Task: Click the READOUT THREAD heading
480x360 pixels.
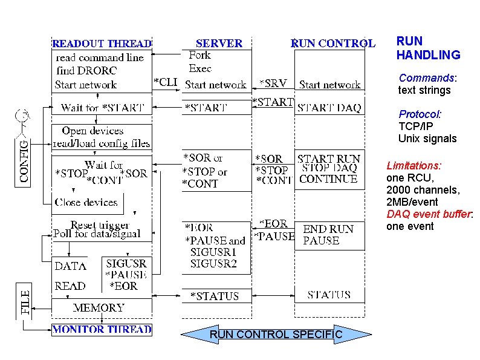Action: pyautogui.click(x=102, y=44)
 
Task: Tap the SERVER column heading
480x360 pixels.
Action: pyautogui.click(x=219, y=44)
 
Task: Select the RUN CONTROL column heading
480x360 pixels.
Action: pyautogui.click(x=333, y=44)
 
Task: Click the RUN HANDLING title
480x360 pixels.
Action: pyautogui.click(x=428, y=48)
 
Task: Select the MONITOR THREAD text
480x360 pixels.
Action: pyautogui.click(x=102, y=330)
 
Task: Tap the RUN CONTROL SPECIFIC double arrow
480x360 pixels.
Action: pyautogui.click(x=276, y=335)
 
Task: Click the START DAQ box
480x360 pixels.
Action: pyautogui.click(x=329, y=108)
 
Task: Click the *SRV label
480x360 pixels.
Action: pyautogui.click(x=273, y=83)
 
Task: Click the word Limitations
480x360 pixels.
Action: pyautogui.click(x=414, y=166)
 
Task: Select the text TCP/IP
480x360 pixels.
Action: pyautogui.click(x=415, y=126)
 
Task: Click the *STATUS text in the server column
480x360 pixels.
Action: pyautogui.click(x=215, y=296)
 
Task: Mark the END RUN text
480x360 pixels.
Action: pyautogui.click(x=328, y=229)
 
